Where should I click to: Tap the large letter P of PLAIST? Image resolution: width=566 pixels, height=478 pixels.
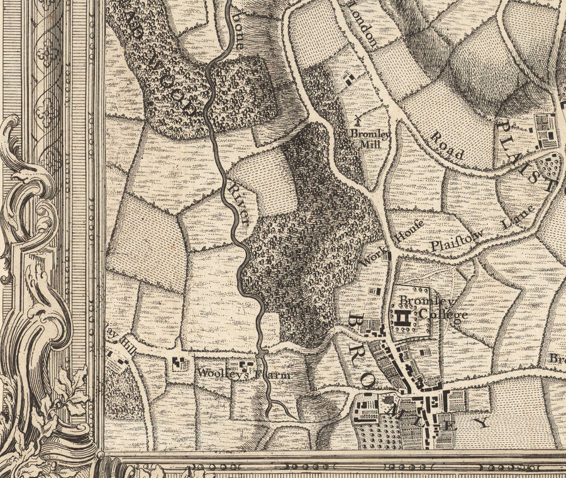503,129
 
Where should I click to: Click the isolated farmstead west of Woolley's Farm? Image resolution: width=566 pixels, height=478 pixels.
179,363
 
